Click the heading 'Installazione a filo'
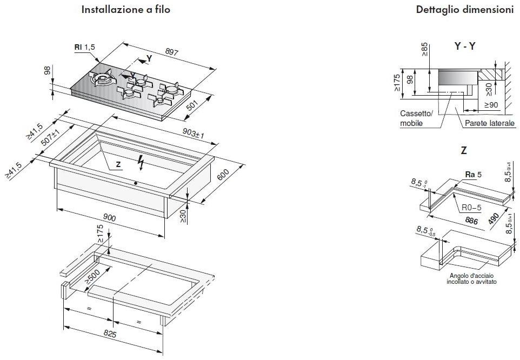coord(121,10)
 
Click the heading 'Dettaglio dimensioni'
coord(464,10)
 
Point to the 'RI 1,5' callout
coord(84,48)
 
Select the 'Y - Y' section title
coord(464,46)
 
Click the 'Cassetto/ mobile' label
coord(416,118)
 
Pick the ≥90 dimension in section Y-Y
coord(491,104)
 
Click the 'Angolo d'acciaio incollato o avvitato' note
coord(468,279)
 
